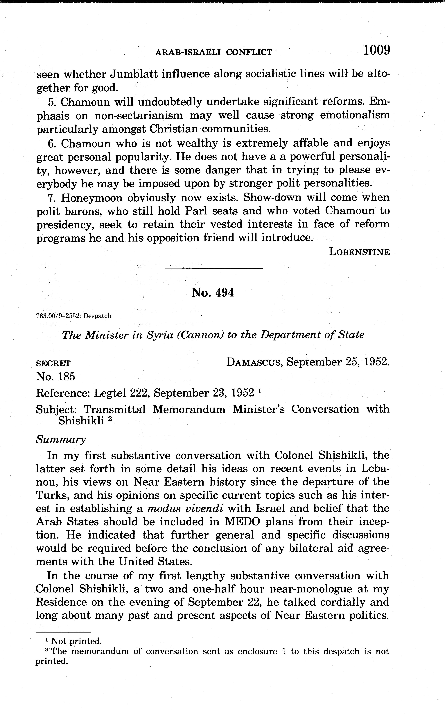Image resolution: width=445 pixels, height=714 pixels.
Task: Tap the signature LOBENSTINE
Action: click(359, 252)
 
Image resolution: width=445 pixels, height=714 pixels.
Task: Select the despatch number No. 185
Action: click(56, 376)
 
